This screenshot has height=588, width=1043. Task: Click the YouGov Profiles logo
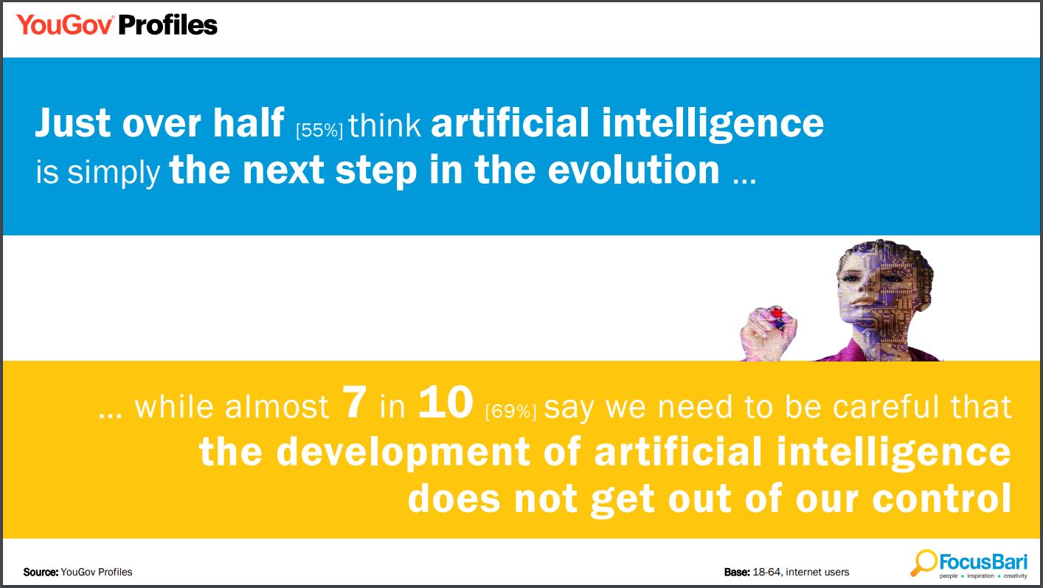[x=117, y=25]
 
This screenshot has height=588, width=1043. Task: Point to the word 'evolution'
[x=633, y=170]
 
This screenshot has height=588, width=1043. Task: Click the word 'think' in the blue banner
[x=384, y=125]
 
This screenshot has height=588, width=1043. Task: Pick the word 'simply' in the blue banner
[x=114, y=173]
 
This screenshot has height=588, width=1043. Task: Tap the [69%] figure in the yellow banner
[x=510, y=411]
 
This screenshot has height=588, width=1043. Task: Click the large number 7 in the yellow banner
[x=354, y=402]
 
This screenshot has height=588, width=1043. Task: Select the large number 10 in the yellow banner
[x=446, y=402]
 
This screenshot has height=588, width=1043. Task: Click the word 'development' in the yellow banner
[x=403, y=452]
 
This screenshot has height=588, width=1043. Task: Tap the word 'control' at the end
[x=941, y=498]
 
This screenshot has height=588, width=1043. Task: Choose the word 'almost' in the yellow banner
[x=277, y=407]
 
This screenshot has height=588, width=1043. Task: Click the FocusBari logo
[x=969, y=564]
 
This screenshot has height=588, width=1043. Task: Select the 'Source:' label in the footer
[x=41, y=572]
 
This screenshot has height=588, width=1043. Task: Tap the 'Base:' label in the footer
[x=737, y=572]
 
